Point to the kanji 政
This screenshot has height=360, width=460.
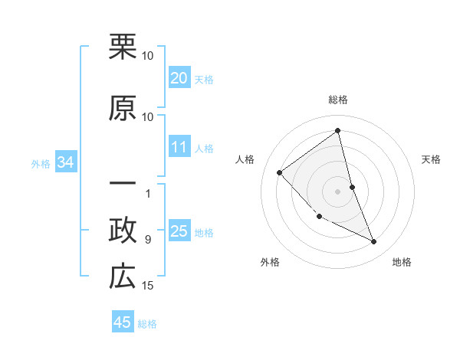tap(123, 231)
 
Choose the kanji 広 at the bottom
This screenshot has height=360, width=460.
tap(123, 277)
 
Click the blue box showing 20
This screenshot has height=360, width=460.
tap(179, 78)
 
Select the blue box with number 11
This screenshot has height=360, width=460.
tap(179, 147)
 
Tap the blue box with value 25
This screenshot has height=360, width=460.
tap(179, 231)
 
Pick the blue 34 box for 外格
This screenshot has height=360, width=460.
tap(65, 162)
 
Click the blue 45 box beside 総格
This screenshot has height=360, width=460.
tap(123, 322)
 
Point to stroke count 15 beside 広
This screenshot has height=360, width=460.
tap(148, 286)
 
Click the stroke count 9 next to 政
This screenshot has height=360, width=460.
tap(148, 240)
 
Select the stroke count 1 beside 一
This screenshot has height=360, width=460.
tap(148, 194)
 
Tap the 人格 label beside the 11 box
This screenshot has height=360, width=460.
tap(204, 149)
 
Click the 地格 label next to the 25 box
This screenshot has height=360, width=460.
tap(204, 233)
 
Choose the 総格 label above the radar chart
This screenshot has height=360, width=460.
tap(337, 100)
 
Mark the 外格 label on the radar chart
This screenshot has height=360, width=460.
tap(270, 262)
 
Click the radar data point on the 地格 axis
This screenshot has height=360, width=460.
tap(374, 242)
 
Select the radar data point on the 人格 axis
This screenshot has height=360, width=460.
tap(280, 172)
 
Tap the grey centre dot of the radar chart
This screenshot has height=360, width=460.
tap(337, 191)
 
